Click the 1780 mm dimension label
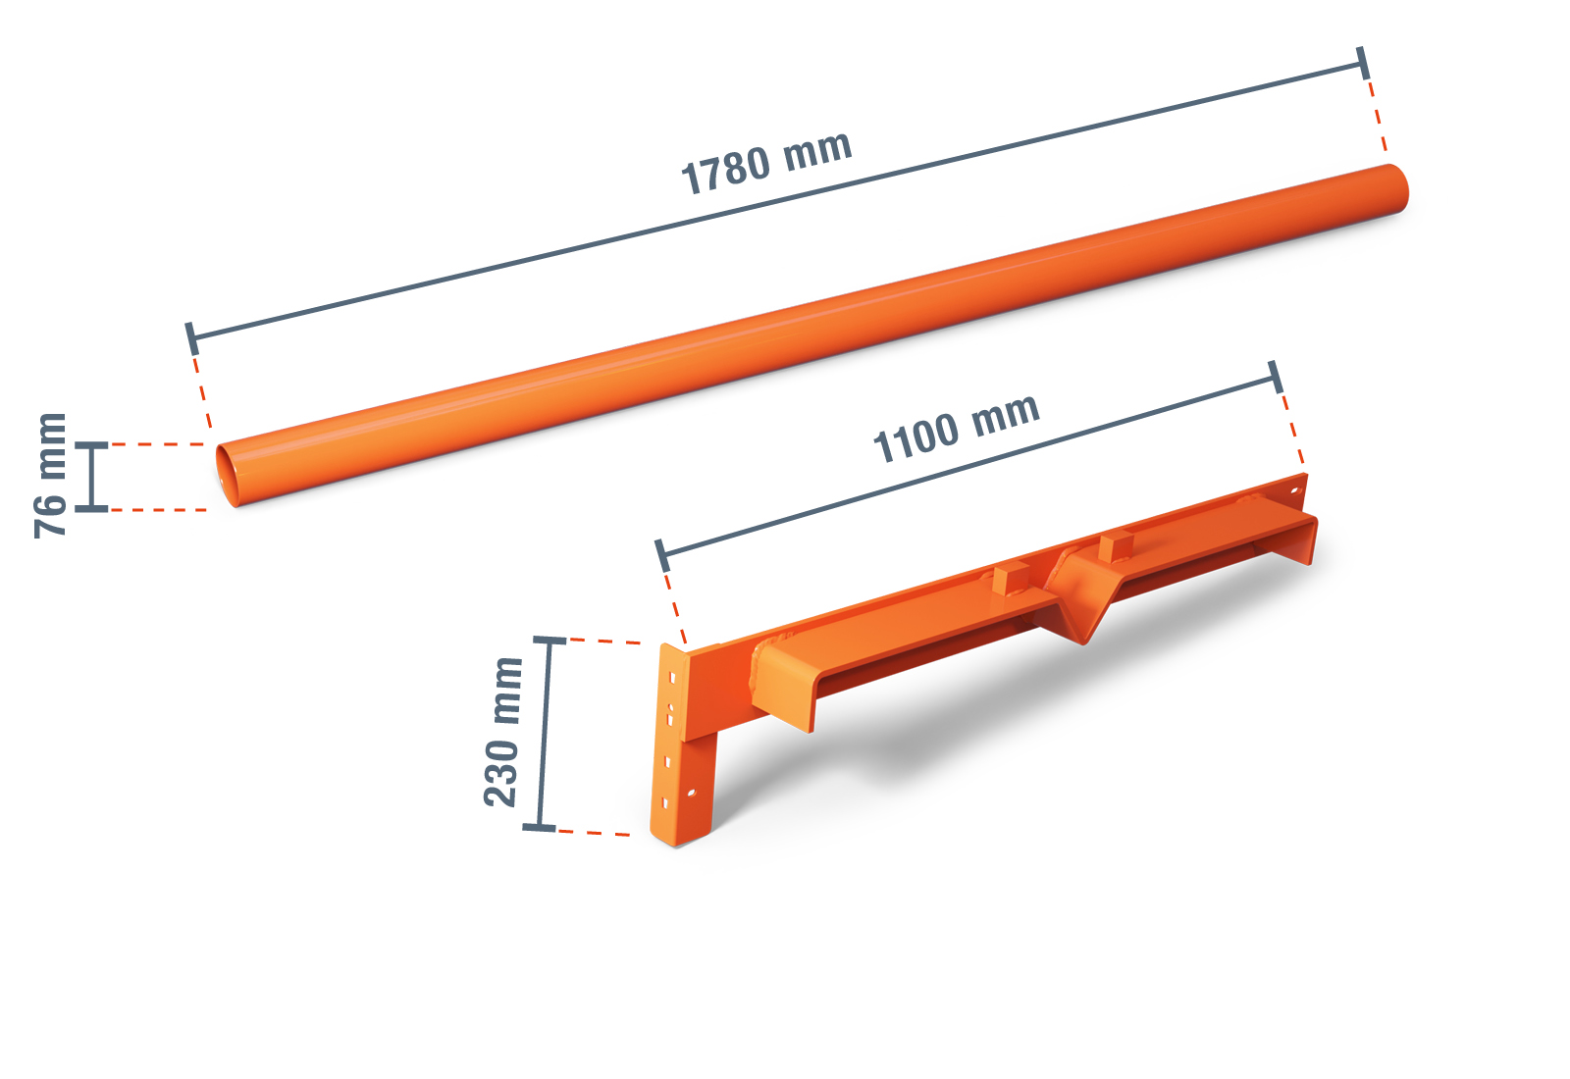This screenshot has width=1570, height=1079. pyautogui.click(x=766, y=162)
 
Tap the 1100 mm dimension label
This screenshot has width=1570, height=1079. pyautogui.click(x=956, y=427)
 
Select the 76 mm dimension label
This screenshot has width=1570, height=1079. pyautogui.click(x=50, y=476)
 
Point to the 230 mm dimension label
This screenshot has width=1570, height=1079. pyautogui.click(x=503, y=732)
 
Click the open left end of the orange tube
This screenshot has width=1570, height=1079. pyautogui.click(x=227, y=475)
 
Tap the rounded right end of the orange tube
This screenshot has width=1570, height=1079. pyautogui.click(x=1396, y=187)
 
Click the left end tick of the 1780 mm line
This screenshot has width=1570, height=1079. pyautogui.click(x=191, y=339)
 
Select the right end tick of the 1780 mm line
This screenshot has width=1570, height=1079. pyautogui.click(x=1363, y=63)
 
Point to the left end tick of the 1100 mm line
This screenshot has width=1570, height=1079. pyautogui.click(x=662, y=555)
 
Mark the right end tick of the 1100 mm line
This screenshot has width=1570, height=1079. pyautogui.click(x=1276, y=377)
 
